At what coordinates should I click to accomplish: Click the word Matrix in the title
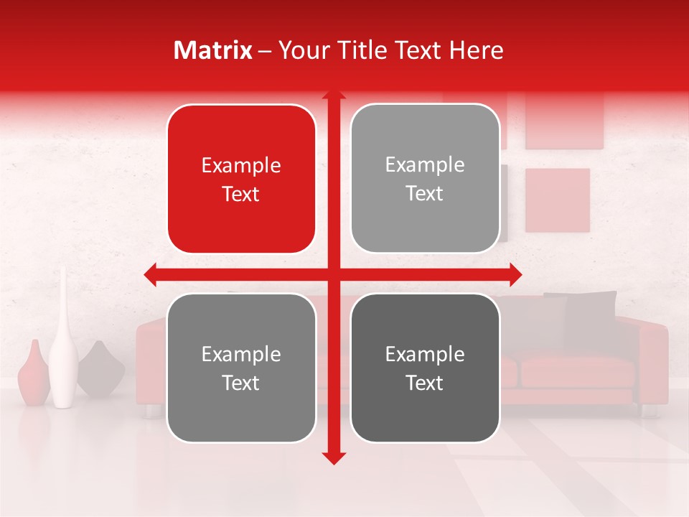click(213, 50)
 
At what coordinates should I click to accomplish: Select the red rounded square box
click(241, 180)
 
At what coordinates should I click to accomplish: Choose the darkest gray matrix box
click(425, 368)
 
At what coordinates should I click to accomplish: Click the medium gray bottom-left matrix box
click(241, 368)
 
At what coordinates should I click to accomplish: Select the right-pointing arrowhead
click(515, 274)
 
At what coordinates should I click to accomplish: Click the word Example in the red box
click(241, 166)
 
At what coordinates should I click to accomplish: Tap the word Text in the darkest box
click(425, 383)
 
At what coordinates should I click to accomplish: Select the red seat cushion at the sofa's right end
click(578, 371)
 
